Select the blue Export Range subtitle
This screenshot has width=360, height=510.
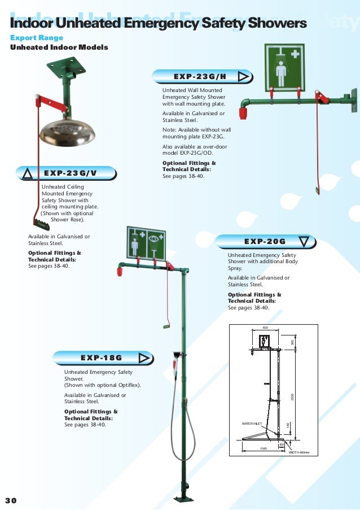(x=37, y=37)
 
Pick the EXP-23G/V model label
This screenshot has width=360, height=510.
(x=71, y=173)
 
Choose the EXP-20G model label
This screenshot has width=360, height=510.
(x=265, y=242)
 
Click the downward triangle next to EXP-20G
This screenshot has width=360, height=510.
(x=304, y=242)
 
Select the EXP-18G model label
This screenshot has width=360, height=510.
(x=102, y=357)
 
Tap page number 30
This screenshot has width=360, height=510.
(x=11, y=500)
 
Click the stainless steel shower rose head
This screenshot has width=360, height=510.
(x=67, y=131)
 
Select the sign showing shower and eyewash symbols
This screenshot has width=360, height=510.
(x=146, y=244)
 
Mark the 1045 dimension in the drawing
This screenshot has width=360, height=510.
(x=263, y=448)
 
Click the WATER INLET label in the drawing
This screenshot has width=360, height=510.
(x=252, y=422)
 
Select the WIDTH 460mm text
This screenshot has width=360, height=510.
(x=299, y=452)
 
